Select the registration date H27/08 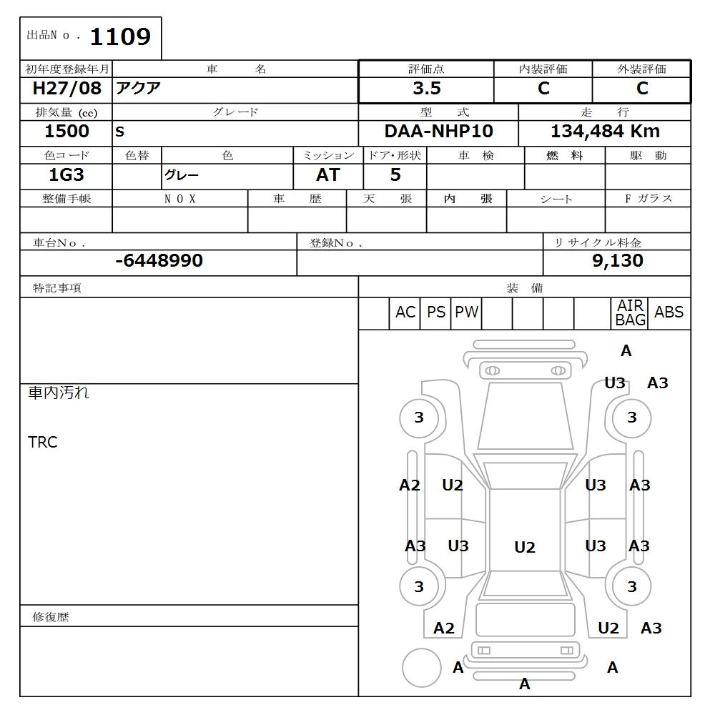tap(67, 89)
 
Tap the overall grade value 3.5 tap(426, 89)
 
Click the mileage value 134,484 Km tap(605, 132)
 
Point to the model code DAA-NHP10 tap(438, 132)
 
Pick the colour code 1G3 tap(66, 174)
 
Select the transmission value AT tap(327, 174)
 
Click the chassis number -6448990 tap(159, 261)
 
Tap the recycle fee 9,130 tap(617, 261)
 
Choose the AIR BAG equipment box tap(630, 313)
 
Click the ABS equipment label tap(669, 312)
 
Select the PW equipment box tap(466, 312)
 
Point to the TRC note tap(42, 442)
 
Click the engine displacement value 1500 tap(66, 132)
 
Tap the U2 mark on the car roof tap(524, 547)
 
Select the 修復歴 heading tap(51, 616)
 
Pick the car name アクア tap(139, 89)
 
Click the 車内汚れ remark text tap(59, 393)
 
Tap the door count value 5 tap(395, 174)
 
